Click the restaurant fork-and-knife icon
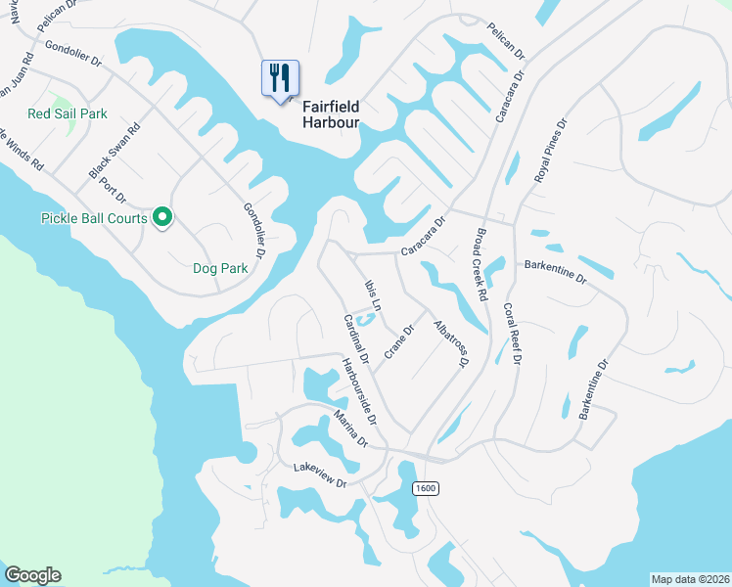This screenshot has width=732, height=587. coord(280,77)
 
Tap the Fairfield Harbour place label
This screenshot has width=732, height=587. coord(331,113)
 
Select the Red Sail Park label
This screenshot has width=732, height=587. coord(68,113)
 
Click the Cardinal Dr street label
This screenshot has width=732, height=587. coord(354,339)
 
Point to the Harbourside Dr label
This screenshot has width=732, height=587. coord(359,391)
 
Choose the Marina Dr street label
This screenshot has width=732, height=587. coord(349,429)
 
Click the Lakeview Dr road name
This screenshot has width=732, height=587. coord(320,476)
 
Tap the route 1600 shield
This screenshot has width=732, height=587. coord(425,488)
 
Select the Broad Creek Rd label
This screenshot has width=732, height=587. coord(480,264)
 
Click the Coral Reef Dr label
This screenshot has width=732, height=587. coord(511,334)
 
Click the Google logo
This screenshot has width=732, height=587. coord(32,575)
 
